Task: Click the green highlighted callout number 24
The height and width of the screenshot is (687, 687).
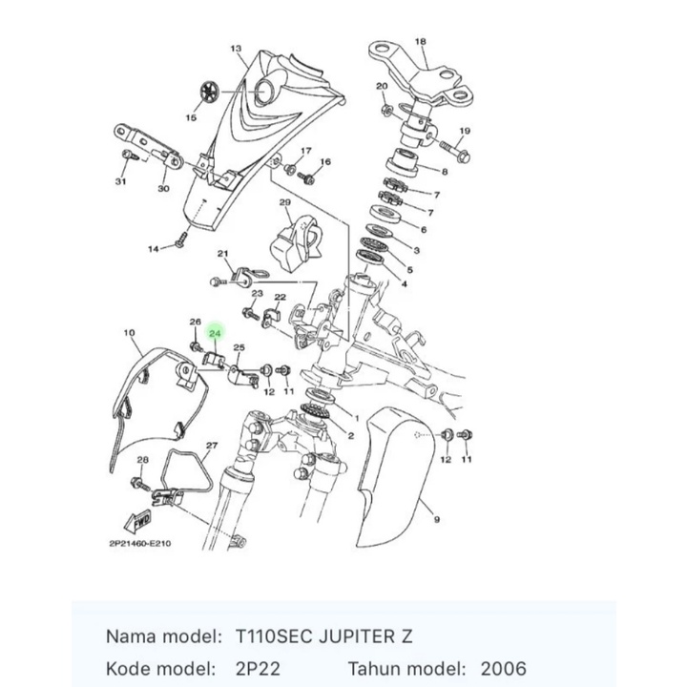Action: point(215,334)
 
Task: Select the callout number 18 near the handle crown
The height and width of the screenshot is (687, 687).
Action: point(421,42)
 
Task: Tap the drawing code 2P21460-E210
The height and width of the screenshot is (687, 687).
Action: point(139,546)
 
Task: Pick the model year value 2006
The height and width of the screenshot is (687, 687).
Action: point(502,669)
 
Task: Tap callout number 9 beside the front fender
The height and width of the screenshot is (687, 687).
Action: point(436,519)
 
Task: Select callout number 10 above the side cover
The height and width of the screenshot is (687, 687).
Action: point(130,333)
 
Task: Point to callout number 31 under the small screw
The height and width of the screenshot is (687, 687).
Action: point(121,181)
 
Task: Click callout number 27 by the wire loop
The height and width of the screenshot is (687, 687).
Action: point(212,446)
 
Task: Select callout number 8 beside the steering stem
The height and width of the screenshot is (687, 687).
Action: point(443,173)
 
